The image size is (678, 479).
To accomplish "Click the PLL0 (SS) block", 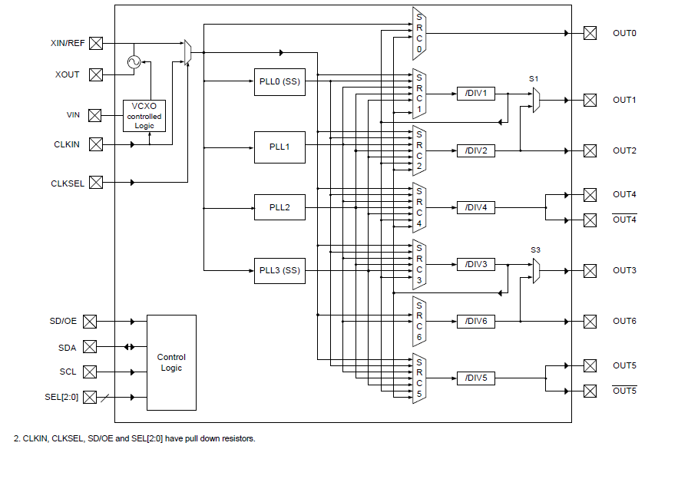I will pos(279,82).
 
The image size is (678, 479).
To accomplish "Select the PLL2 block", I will pos(279,207).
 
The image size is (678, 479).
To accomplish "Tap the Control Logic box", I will pos(171,362).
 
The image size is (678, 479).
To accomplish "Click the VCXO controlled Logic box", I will pos(144,116).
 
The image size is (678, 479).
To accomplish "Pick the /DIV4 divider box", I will pos(475,207).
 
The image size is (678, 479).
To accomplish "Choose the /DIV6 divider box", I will pos(475,321).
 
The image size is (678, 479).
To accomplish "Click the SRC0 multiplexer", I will pos(419,33).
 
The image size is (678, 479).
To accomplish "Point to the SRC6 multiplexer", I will pos(419,321).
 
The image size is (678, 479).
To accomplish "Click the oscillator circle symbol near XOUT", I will pos(134,63).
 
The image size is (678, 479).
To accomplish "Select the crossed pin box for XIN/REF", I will pos(96,43).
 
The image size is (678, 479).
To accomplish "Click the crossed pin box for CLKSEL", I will pos(96,183).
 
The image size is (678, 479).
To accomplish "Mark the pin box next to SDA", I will pos(90,347).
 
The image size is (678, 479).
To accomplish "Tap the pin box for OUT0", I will pos(590,33).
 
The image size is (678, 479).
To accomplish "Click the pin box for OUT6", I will pos(590,321).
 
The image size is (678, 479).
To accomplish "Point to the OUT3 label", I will pos(624,270).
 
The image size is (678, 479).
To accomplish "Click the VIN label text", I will pos(73,115).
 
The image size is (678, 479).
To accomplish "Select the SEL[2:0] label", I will pos(61,397).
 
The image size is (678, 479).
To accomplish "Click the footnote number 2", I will pos(16,438).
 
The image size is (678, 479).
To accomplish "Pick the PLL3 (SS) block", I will pos(279,270).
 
